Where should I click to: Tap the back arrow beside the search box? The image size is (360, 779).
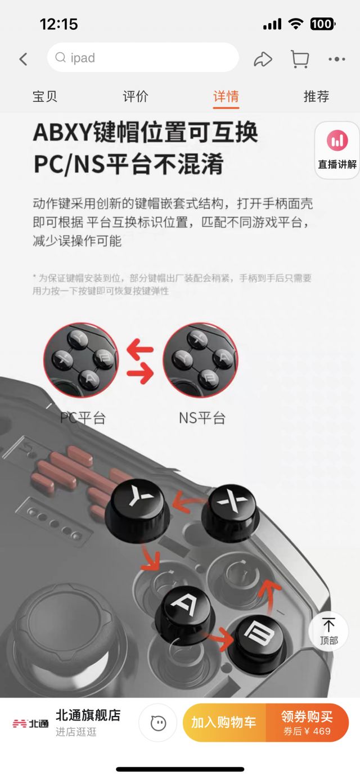point(23,58)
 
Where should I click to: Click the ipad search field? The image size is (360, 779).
point(143,57)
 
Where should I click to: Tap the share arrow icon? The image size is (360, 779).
point(263,58)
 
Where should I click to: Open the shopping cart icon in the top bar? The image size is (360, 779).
point(299,58)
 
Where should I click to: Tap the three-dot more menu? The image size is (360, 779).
point(336,58)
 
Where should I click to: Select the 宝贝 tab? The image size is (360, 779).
point(45,96)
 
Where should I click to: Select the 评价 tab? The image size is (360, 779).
point(136,96)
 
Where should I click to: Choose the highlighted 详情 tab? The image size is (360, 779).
point(226,96)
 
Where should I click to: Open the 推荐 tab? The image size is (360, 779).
point(316,96)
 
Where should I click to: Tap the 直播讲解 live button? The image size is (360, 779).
point(337,150)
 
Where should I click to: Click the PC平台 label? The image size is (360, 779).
point(83,418)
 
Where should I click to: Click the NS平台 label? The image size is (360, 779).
point(202,418)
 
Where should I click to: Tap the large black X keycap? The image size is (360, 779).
point(234,507)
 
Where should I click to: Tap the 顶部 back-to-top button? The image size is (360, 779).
point(328,631)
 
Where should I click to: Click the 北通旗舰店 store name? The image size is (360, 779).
point(88,715)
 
